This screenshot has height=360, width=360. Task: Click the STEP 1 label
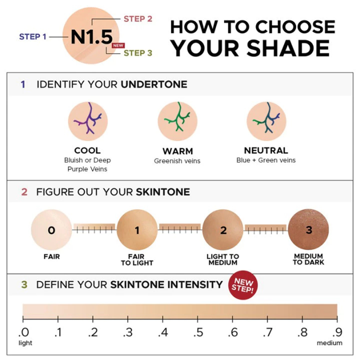(x=33, y=37)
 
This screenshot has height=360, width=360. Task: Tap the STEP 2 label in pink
(x=138, y=19)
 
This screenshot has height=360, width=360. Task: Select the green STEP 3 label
(x=138, y=53)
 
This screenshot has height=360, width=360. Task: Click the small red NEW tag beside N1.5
(x=118, y=45)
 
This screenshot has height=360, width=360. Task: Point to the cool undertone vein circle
(x=88, y=121)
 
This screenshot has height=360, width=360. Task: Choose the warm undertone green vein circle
(x=178, y=121)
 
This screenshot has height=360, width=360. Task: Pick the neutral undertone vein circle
(x=266, y=121)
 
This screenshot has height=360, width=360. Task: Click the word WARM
(x=178, y=151)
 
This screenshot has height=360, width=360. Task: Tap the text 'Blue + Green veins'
(x=266, y=160)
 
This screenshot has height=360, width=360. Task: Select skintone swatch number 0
(x=51, y=230)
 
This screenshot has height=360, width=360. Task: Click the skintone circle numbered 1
(x=137, y=230)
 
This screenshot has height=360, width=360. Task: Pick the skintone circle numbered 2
(x=223, y=230)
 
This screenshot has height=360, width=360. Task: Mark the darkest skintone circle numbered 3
(x=308, y=229)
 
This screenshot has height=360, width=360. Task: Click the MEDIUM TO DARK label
(x=308, y=259)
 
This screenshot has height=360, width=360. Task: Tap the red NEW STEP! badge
(x=243, y=285)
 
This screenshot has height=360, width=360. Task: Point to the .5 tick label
(x=198, y=332)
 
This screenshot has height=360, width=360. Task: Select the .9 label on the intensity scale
(x=337, y=332)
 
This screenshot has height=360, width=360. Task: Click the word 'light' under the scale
(x=25, y=343)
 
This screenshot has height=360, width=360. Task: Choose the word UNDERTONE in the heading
(x=154, y=84)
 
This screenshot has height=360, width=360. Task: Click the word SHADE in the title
(x=288, y=48)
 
